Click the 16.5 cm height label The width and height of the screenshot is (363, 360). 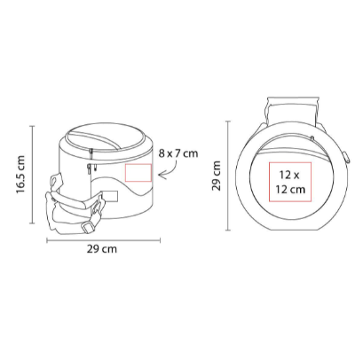click(x=21, y=175)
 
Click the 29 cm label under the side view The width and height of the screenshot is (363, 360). click(x=102, y=249)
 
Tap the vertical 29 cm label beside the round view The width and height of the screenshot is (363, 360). click(x=217, y=176)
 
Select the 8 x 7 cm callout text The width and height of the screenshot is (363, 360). click(x=178, y=153)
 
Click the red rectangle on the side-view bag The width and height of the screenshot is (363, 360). click(x=138, y=173)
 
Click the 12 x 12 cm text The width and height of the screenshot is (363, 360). click(x=290, y=182)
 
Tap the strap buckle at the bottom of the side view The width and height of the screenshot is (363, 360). click(x=88, y=228)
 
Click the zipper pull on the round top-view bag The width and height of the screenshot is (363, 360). click(x=312, y=138)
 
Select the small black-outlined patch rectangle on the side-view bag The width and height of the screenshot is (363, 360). click(x=111, y=196)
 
